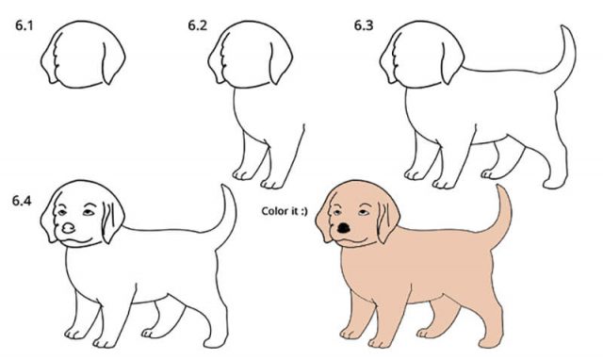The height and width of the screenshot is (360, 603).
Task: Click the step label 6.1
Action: coord(24,25)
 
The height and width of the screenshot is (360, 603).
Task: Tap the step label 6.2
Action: coord(197,25)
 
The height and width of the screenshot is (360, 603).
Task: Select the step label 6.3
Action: coord(364,25)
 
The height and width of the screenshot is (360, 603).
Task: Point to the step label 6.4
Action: coord(22,201)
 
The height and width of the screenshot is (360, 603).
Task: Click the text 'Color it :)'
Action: coord(285,211)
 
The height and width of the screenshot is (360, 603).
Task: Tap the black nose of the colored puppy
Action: coord(343,228)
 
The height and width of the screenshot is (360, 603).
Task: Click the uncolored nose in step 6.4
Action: coord(69,229)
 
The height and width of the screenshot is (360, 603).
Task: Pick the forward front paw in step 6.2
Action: coord(272,184)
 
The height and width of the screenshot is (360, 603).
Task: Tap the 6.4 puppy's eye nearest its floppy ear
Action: coord(89,212)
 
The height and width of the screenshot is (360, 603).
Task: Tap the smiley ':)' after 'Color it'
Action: coord(303,211)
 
